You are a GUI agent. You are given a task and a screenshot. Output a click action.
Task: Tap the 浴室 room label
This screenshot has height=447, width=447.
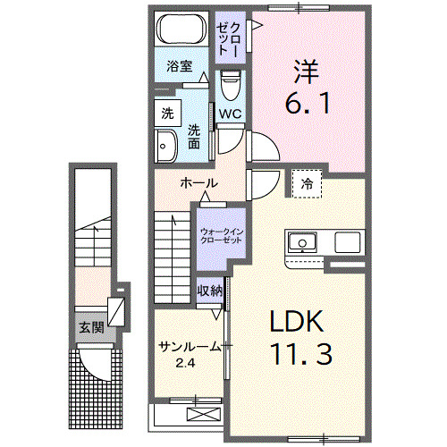click(x=180, y=65)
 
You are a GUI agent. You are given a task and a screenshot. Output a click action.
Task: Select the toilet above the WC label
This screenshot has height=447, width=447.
click(x=231, y=88)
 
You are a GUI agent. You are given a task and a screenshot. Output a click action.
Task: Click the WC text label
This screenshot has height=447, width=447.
click(x=231, y=114)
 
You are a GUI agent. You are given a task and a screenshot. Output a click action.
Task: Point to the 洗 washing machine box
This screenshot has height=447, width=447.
click(x=167, y=114)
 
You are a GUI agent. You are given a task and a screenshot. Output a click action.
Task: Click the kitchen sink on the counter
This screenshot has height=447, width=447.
click(x=301, y=242)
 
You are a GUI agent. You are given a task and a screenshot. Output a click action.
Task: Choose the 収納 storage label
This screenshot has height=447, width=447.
click(x=210, y=291)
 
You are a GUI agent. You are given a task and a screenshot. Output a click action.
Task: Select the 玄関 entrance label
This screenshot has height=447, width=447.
click(x=91, y=327)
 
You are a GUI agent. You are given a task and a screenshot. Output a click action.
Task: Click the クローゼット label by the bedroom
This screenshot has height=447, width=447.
click(x=228, y=35)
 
